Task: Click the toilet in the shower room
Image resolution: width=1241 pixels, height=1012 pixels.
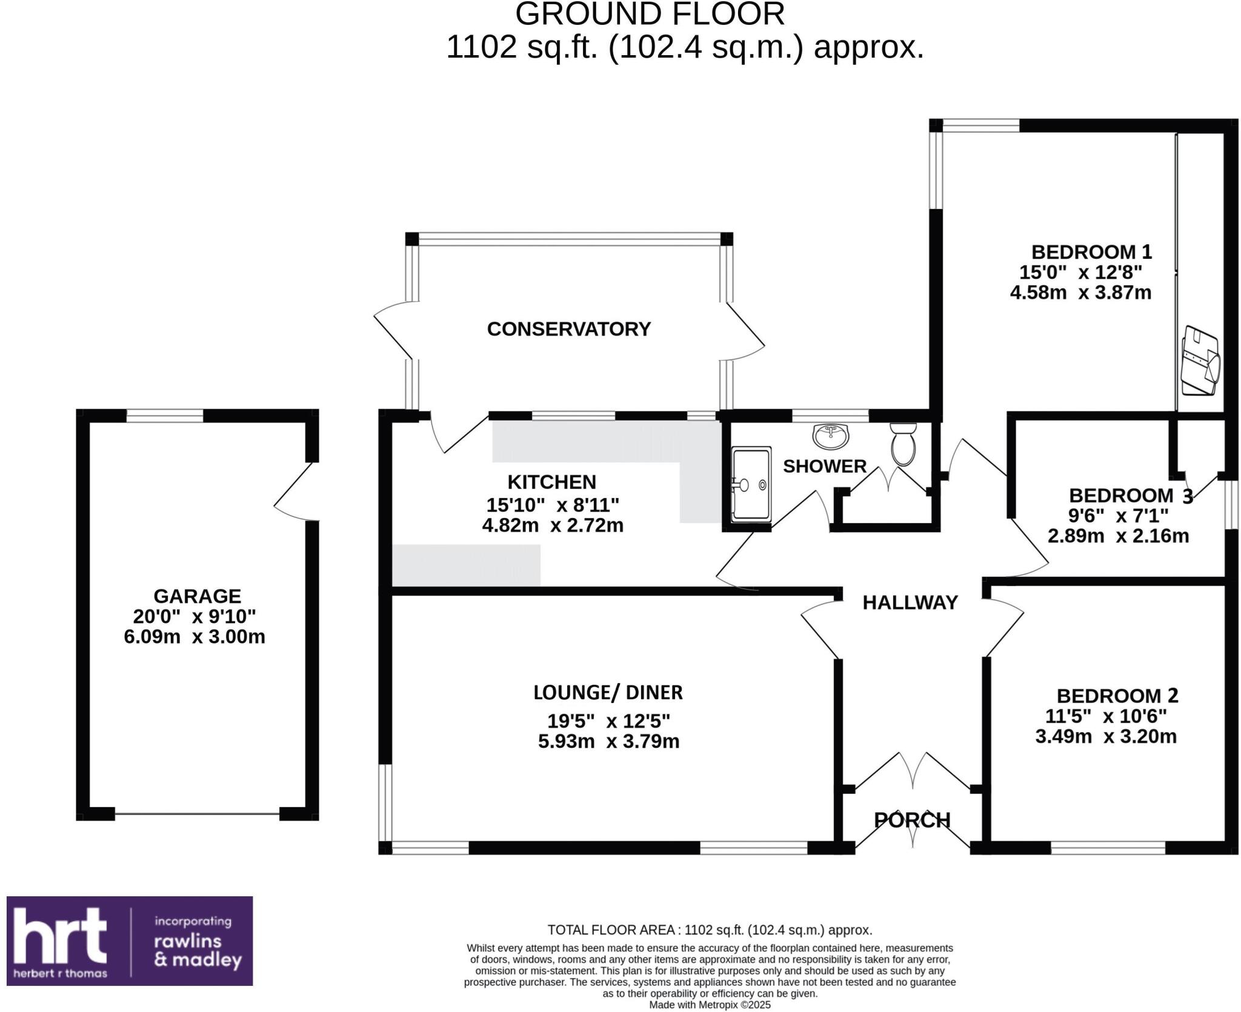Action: coord(903,444)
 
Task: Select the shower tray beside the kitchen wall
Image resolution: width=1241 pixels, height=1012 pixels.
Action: coord(751,485)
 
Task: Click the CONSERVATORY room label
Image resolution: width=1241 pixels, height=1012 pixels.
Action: coord(568,329)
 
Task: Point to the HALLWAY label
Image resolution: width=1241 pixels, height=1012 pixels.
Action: coord(910,602)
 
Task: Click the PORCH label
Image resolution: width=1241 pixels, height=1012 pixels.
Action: coord(912,820)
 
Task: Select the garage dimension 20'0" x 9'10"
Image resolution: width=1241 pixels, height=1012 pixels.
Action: coord(195,616)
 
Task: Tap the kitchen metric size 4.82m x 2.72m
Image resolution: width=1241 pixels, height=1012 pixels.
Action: coord(553,525)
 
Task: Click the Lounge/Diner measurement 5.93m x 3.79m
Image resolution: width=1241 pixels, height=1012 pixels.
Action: coord(608,741)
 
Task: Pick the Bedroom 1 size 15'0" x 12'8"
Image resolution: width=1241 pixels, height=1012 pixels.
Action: coord(1080,272)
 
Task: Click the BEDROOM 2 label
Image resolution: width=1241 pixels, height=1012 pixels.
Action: coord(1117,696)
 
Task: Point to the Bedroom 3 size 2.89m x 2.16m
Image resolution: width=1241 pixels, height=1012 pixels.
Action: coord(1118,536)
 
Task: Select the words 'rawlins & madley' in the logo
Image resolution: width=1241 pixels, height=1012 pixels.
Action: coord(198,950)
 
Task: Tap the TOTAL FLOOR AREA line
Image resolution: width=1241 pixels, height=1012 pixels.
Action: coord(710,930)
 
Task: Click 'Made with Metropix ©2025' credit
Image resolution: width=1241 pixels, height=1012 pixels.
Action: coord(710,1005)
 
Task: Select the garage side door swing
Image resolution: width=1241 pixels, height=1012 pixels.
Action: coord(294,492)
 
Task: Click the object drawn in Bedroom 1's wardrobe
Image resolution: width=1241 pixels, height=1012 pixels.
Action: coord(1200,361)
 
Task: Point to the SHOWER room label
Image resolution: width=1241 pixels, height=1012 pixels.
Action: coord(825,466)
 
